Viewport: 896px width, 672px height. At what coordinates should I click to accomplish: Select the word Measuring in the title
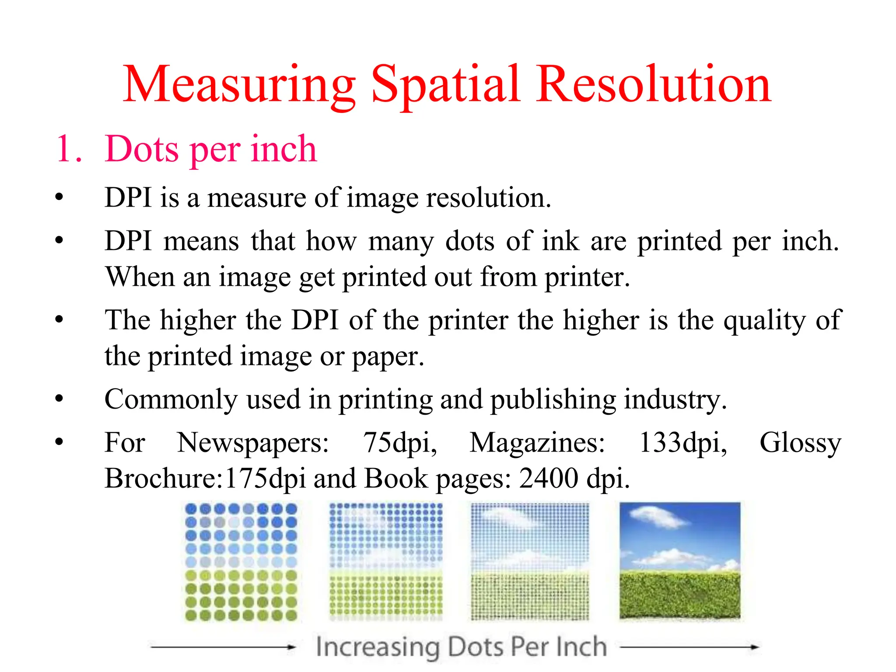click(239, 85)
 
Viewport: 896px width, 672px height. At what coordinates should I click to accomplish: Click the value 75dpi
click(399, 443)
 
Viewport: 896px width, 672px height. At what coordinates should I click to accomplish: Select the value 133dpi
click(683, 443)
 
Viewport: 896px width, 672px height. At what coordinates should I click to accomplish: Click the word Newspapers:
click(253, 443)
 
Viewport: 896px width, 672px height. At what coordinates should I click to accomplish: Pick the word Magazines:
click(537, 443)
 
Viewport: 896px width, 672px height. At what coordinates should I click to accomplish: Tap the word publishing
click(553, 400)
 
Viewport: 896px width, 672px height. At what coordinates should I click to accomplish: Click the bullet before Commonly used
click(59, 399)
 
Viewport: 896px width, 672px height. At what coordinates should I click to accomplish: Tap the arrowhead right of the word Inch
click(754, 647)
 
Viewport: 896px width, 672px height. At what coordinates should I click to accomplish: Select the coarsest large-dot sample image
click(241, 562)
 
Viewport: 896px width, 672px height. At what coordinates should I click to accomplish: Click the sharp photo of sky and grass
click(680, 560)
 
